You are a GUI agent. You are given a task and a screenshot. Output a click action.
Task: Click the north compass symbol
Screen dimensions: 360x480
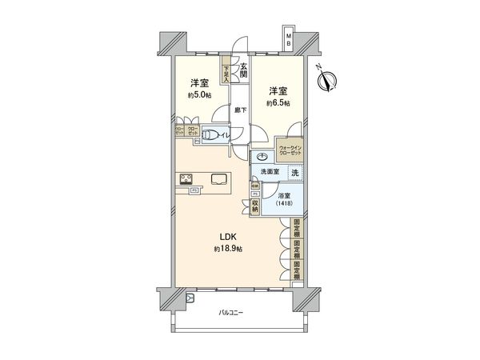click(x=326, y=81)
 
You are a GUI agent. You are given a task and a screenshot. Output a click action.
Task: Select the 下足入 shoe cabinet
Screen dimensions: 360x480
click(x=226, y=74)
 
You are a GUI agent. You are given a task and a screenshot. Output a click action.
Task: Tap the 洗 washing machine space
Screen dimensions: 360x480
click(x=294, y=173)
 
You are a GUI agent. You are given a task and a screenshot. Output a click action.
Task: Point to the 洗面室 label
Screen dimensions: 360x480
click(x=270, y=173)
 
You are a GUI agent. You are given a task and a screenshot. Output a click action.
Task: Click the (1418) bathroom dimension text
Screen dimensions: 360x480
click(x=283, y=204)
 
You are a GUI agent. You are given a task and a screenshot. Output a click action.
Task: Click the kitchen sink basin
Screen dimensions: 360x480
click(x=218, y=178)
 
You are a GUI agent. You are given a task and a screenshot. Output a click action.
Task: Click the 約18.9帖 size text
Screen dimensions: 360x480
click(x=227, y=250)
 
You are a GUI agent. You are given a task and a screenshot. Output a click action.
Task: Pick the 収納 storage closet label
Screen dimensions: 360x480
click(x=254, y=204)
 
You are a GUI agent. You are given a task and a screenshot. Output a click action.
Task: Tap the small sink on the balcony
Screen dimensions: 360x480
click(x=190, y=298)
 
